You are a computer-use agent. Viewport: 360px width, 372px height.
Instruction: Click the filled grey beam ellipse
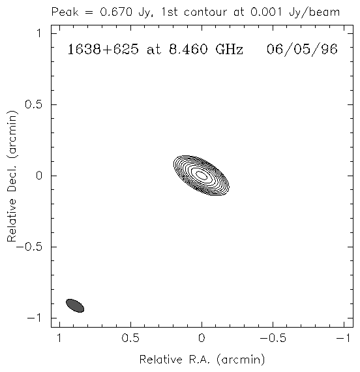coord(75,305)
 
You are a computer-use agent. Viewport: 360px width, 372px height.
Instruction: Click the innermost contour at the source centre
coord(202,176)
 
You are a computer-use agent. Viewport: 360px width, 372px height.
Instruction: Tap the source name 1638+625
coord(103,50)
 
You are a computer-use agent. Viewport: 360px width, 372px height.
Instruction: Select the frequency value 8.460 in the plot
coord(188,50)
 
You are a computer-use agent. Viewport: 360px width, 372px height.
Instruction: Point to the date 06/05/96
coord(302,50)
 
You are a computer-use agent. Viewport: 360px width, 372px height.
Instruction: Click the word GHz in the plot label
coord(230,50)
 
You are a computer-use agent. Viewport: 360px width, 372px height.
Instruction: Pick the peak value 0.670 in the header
coord(116,12)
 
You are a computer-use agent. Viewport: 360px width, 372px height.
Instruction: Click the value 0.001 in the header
coord(266,12)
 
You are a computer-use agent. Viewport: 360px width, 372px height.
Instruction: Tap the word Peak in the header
coord(65,12)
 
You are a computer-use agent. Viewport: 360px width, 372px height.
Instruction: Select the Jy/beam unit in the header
coord(314,12)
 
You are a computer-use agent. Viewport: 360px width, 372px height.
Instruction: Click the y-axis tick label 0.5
coord(33,104)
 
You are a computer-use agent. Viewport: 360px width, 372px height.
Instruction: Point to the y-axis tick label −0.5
coord(29,247)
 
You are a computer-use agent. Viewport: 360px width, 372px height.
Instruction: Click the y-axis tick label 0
coord(38,176)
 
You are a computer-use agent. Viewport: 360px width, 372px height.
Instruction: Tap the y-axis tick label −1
coord(35,318)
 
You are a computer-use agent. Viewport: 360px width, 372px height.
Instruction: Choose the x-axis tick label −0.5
coord(273,338)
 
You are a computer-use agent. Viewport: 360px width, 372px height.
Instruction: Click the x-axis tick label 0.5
coord(130,338)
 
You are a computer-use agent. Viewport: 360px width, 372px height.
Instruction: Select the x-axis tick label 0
coord(202,338)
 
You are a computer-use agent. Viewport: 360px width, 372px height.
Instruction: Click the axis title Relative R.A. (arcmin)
coord(202,360)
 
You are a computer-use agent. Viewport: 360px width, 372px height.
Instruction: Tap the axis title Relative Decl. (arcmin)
coord(12,176)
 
